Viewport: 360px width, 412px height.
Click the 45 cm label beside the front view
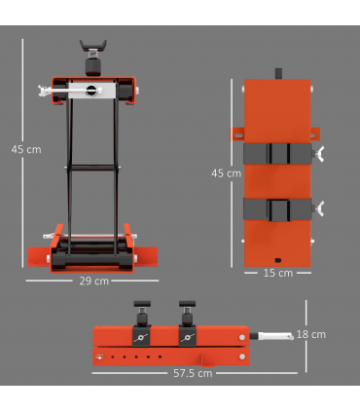[25, 149]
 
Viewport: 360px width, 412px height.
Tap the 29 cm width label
[93, 281]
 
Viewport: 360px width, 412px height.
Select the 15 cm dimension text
[278, 273]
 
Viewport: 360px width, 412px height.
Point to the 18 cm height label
[311, 334]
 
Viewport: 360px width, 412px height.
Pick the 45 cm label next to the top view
[226, 173]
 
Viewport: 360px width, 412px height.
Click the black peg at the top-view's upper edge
[278, 74]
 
